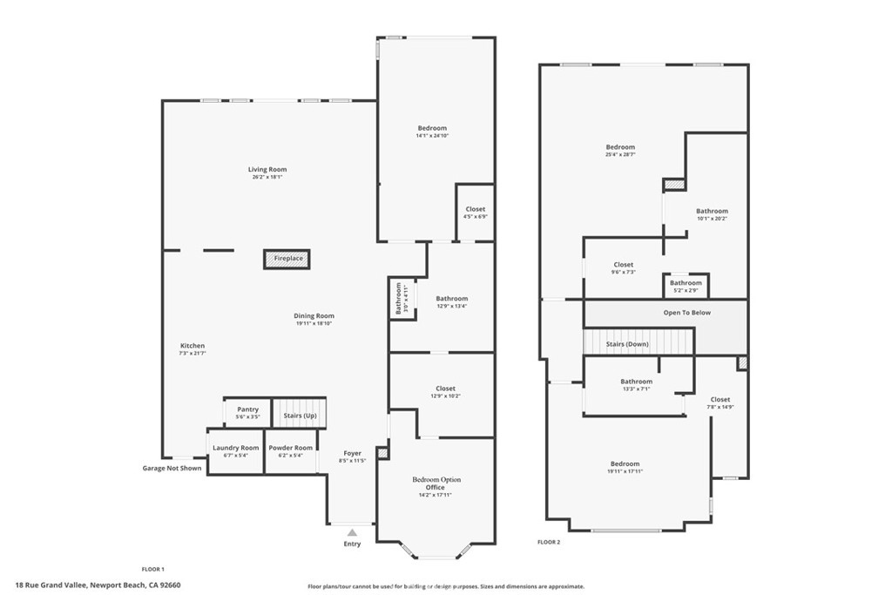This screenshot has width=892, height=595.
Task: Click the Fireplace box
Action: tap(287, 259)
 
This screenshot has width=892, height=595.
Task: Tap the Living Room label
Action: tap(267, 170)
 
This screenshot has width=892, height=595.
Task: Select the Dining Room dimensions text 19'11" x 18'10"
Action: tap(314, 323)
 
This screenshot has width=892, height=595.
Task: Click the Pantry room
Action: tap(247, 413)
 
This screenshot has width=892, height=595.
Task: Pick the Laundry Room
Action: tap(235, 451)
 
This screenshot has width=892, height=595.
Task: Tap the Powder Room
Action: tap(289, 451)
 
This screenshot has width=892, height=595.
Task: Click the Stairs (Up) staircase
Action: tap(300, 416)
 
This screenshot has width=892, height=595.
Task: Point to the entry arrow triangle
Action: tap(352, 531)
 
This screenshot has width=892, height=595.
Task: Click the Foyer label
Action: tap(352, 453)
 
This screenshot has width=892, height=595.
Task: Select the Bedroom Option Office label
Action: tap(436, 483)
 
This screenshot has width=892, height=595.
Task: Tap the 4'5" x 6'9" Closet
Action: tap(475, 213)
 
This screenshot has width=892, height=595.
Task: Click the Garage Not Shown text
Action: tap(172, 469)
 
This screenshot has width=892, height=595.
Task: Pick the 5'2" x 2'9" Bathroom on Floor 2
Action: tap(686, 285)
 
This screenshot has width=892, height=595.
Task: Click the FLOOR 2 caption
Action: tap(548, 542)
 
